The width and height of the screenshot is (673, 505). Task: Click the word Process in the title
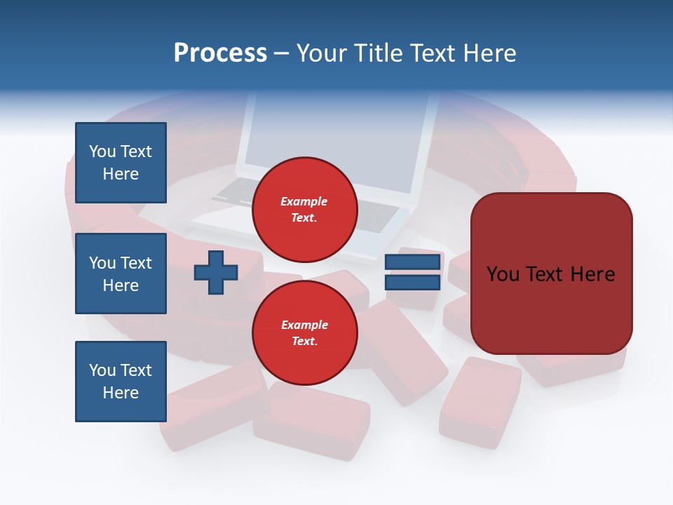pos(220,53)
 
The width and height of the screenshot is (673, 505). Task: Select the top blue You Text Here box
pos(121,163)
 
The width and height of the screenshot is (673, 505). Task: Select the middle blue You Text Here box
pos(121,274)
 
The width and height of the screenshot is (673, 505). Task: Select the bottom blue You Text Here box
pos(121,382)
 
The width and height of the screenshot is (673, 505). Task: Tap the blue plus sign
pos(216,272)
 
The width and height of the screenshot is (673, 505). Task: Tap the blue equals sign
pos(413,272)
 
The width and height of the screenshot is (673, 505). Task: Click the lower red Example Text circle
pos(305,333)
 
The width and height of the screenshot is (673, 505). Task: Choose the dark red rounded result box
pos(551,273)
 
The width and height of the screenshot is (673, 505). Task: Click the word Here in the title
pos(489,53)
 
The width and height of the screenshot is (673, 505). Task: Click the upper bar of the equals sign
pos(413,262)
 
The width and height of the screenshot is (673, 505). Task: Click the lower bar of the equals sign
pos(413,282)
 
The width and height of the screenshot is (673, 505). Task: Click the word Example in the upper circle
pos(304,201)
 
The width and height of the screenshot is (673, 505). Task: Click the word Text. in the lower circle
pos(304,342)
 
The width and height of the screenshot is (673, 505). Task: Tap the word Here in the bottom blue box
pos(121,393)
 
